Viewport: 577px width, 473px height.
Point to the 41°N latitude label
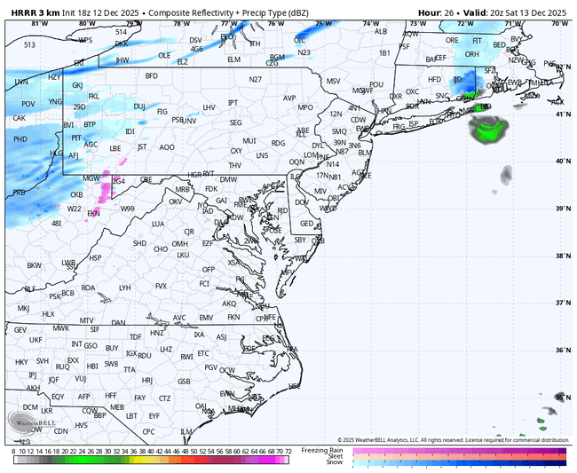[562, 114]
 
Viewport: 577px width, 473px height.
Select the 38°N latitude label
[562, 256]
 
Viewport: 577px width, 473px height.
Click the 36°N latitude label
[562, 350]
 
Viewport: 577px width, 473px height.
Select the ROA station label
[88, 288]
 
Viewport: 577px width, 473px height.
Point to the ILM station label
[186, 431]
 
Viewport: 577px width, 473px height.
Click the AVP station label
[289, 98]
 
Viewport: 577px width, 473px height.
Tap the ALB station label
[382, 31]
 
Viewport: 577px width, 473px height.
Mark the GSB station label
[185, 382]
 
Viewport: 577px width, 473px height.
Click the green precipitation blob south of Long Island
[486, 130]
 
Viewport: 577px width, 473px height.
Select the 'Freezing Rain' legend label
[327, 450]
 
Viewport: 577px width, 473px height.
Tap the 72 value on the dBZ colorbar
[288, 451]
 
